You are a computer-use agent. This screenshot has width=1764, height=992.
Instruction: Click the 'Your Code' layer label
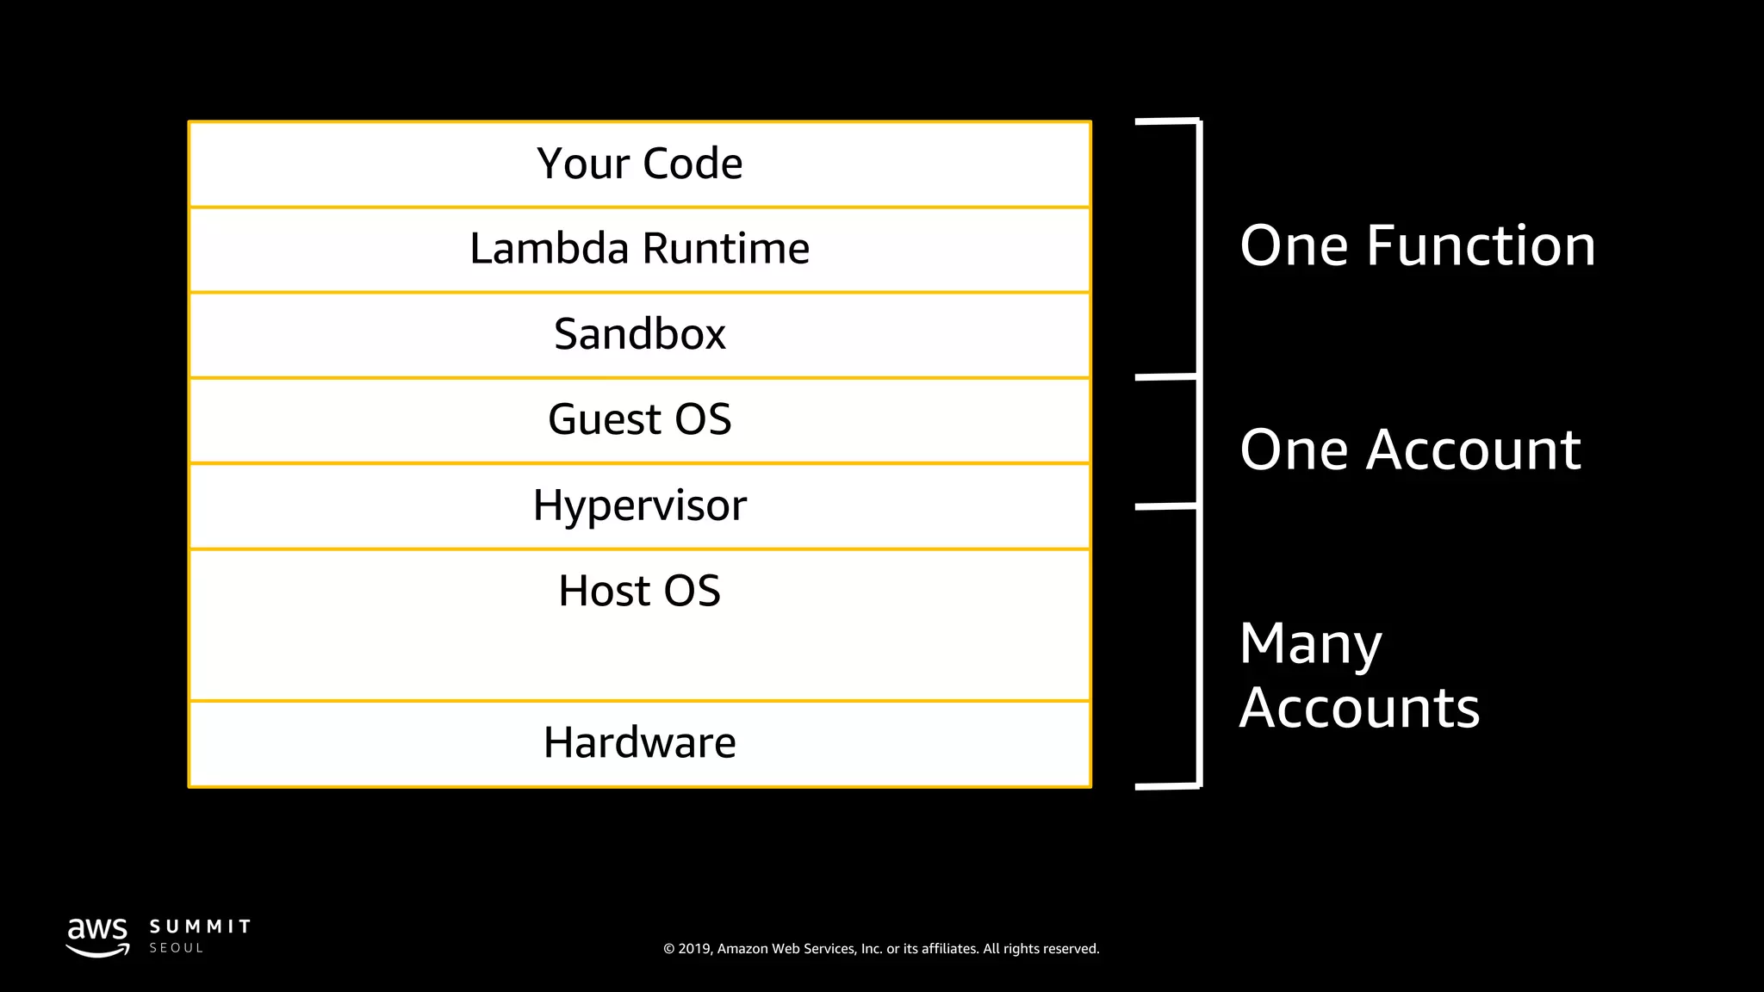point(639,164)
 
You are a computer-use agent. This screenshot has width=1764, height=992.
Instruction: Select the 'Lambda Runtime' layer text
point(639,249)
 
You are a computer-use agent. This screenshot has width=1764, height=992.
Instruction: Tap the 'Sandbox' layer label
point(639,334)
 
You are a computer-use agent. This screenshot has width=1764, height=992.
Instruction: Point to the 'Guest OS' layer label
point(639,419)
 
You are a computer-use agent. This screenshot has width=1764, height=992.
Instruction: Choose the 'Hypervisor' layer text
point(639,505)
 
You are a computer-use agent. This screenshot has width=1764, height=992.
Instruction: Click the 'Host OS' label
point(639,591)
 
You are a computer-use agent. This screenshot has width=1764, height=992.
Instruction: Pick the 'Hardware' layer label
point(639,742)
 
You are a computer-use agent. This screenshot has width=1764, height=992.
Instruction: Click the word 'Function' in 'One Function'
point(1481,245)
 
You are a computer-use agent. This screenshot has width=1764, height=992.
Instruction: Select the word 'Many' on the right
point(1310,644)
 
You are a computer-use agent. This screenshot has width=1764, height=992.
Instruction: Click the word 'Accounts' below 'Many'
point(1359,708)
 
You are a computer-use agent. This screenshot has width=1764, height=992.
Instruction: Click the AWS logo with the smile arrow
point(97,937)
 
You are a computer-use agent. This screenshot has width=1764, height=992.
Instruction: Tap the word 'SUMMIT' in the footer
point(200,927)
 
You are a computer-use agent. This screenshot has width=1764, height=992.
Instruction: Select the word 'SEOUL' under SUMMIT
point(177,948)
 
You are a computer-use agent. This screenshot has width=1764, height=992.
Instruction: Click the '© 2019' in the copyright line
point(686,949)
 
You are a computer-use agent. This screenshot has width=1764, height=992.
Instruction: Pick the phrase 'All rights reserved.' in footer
point(1040,949)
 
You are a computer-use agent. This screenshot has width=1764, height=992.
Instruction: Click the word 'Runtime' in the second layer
point(725,249)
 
